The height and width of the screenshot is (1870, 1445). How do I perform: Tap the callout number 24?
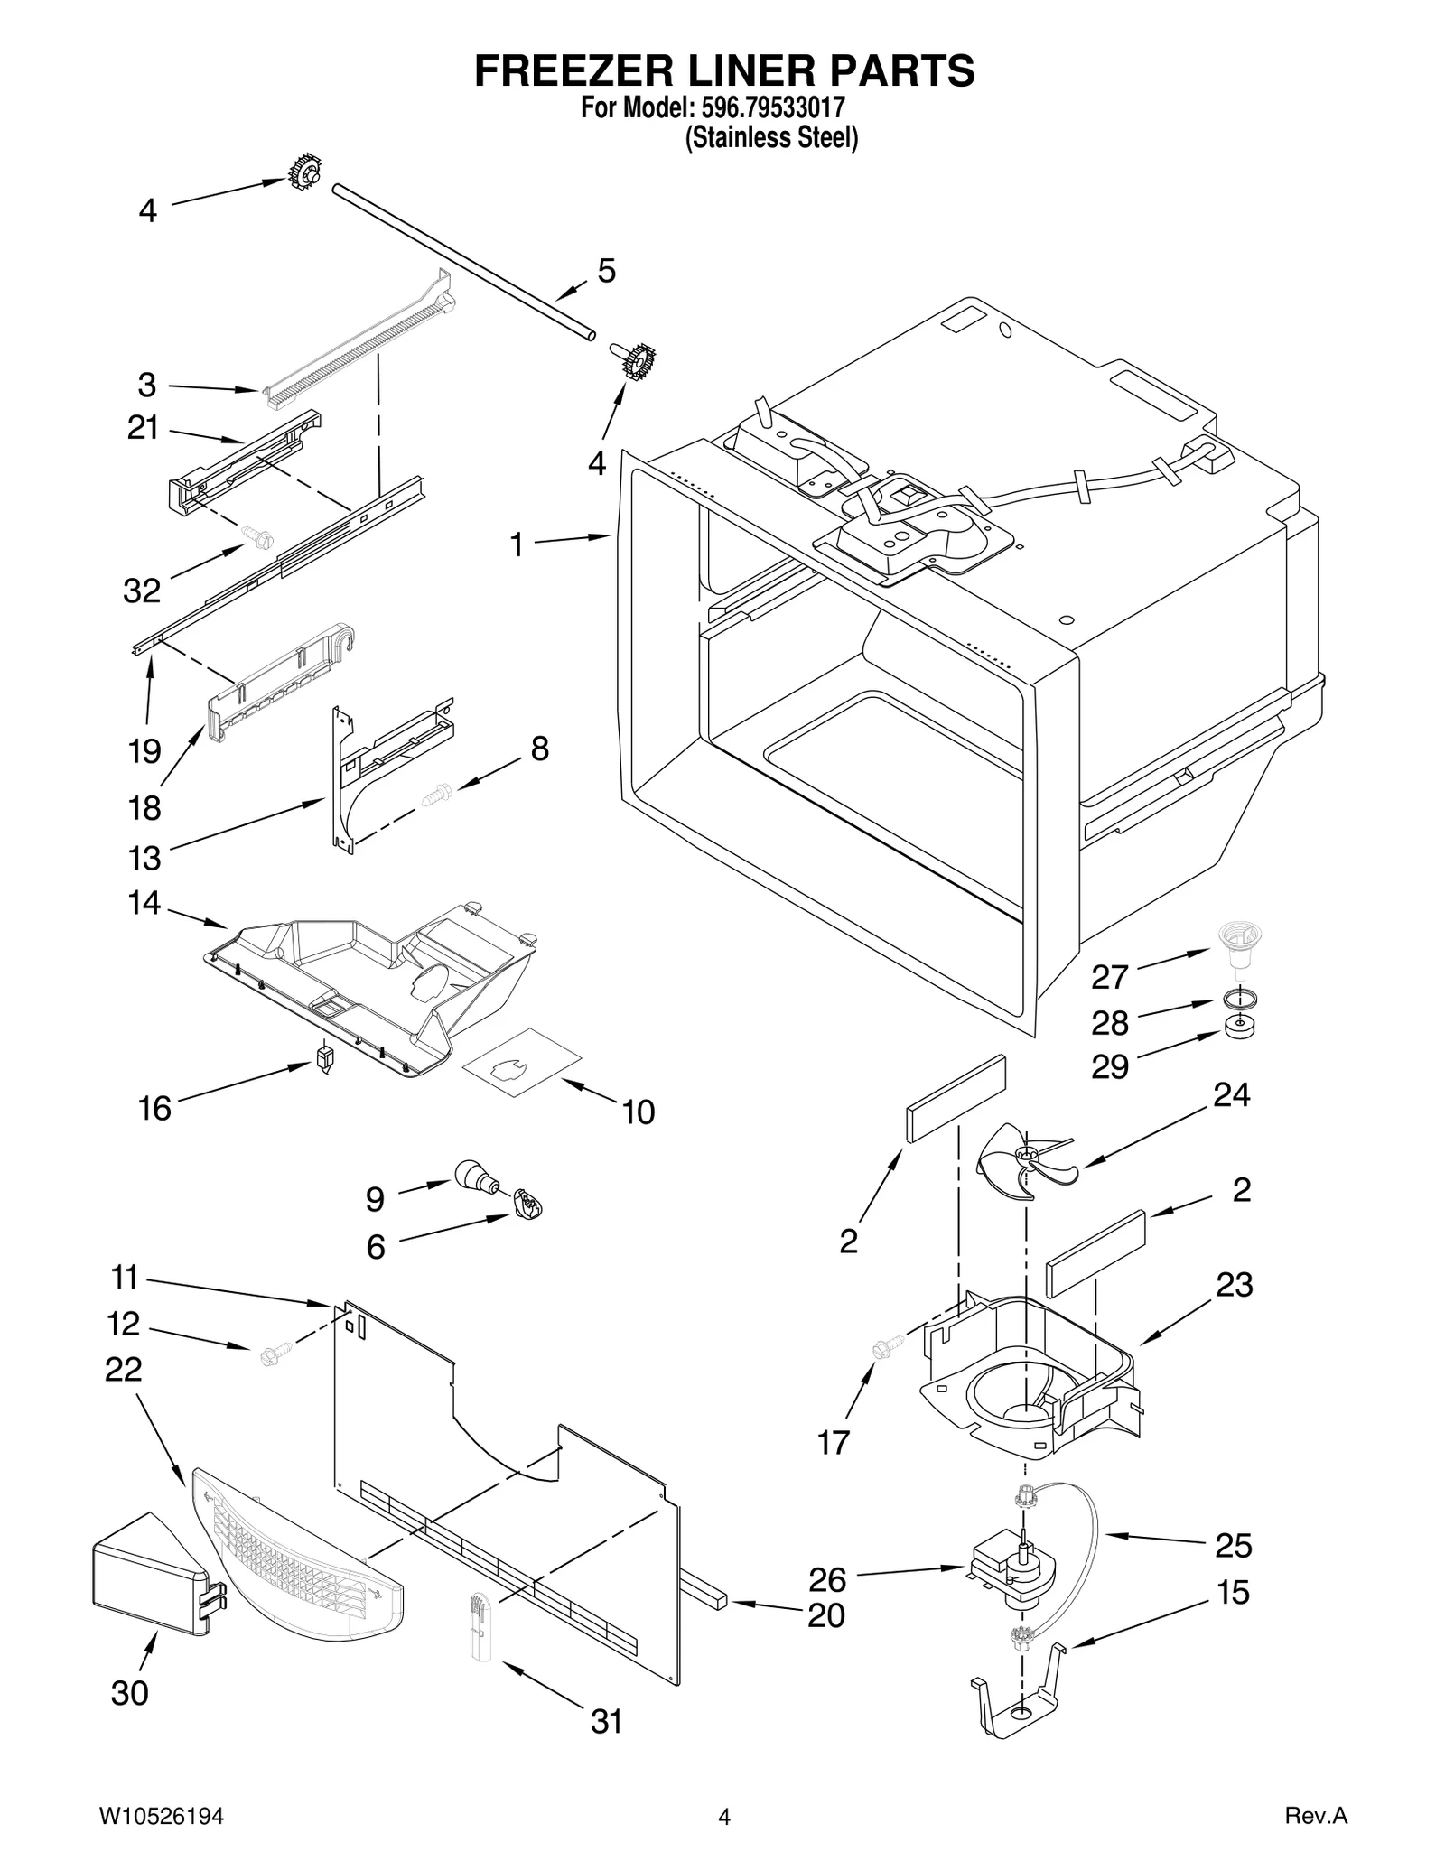[1231, 1094]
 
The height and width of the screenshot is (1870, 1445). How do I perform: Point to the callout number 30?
[129, 1693]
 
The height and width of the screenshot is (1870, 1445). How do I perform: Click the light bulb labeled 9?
[478, 1176]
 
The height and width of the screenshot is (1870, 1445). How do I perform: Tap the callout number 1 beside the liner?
[516, 545]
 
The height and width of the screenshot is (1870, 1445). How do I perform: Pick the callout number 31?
[606, 1722]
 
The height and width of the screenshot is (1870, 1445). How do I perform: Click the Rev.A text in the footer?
[1315, 1817]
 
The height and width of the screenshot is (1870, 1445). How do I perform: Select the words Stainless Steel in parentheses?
[771, 138]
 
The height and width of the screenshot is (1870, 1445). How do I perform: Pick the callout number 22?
[123, 1370]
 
